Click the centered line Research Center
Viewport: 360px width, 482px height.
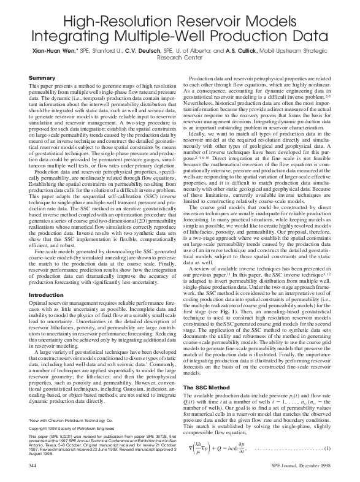click(x=180, y=59)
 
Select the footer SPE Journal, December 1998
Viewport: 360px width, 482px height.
click(x=296, y=467)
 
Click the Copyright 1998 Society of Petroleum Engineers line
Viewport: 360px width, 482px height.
click(x=71, y=420)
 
